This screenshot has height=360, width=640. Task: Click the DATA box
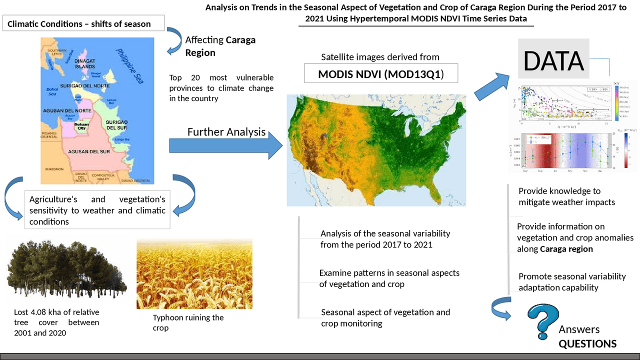(x=553, y=60)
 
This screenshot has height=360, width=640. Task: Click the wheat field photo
(x=194, y=273)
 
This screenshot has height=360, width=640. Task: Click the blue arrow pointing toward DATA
(x=491, y=85)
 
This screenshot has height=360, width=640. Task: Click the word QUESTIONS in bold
(x=587, y=344)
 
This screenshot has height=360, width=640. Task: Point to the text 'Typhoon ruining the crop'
(x=188, y=322)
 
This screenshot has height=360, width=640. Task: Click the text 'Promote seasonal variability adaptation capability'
(x=572, y=282)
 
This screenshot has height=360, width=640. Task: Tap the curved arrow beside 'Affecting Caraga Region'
(x=174, y=39)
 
